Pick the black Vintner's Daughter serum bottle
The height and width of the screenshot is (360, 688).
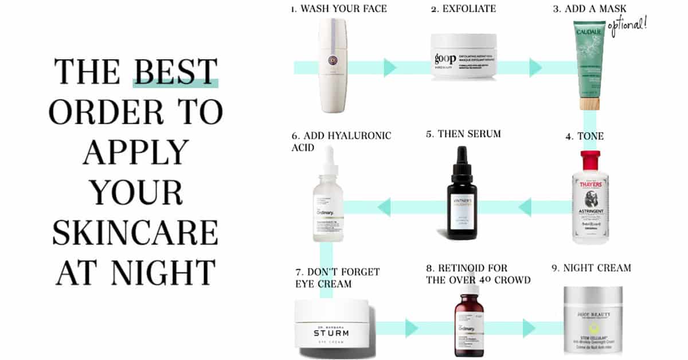tap(464, 198)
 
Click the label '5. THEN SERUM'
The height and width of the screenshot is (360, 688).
tap(463, 134)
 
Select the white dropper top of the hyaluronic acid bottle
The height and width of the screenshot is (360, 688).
tap(329, 162)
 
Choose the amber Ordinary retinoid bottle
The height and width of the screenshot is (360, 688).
tap(469, 324)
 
